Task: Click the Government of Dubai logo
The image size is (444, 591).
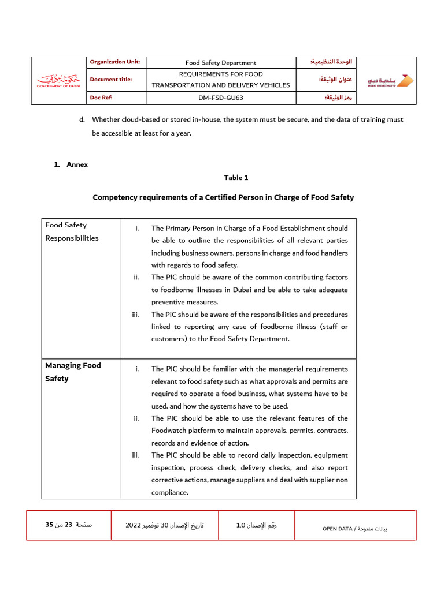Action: (x=58, y=80)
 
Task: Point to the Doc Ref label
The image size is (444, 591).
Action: (x=100, y=98)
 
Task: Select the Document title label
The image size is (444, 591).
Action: (x=111, y=80)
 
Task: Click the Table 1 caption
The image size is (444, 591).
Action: (x=236, y=178)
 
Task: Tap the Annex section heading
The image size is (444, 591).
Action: (x=77, y=164)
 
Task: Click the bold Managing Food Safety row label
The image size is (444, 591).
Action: (x=73, y=372)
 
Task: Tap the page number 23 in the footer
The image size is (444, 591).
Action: (x=68, y=525)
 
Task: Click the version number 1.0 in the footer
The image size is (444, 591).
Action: (x=240, y=525)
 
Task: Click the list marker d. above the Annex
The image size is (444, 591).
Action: (x=82, y=119)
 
